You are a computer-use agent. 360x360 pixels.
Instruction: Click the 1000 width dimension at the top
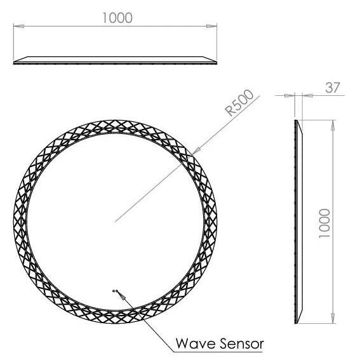point(117,18)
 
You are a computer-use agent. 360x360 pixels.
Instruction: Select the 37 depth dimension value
point(333,88)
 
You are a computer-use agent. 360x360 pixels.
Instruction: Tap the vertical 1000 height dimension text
point(325,222)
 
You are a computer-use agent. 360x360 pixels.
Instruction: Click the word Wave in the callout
point(193,344)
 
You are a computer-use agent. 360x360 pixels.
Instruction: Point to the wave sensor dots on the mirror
point(116,291)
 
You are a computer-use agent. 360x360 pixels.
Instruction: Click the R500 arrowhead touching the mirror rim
point(193,152)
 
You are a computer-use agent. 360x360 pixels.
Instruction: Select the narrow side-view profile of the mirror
point(298,222)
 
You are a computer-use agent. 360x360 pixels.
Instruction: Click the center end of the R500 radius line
point(115,221)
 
